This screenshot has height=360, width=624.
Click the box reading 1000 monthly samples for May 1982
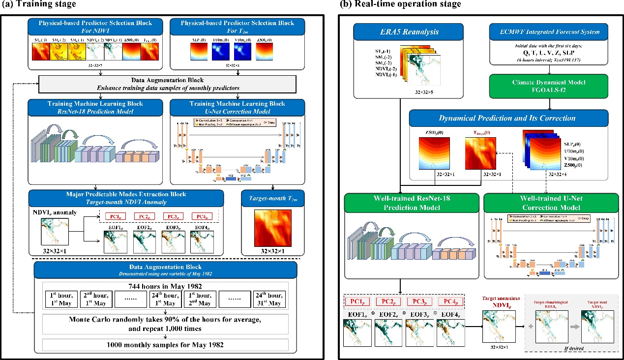click(165, 344)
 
